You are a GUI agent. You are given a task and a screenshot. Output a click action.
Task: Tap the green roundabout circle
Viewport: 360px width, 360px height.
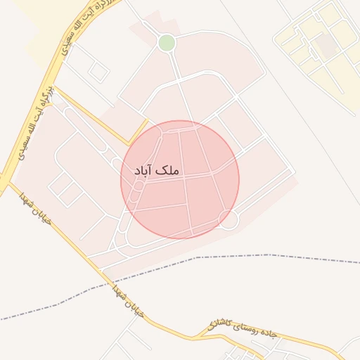pos(167,43)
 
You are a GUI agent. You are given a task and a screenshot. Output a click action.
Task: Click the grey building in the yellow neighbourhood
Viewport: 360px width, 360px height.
pos(326,45)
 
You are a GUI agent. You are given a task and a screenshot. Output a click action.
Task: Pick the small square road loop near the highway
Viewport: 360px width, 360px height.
pos(98,72)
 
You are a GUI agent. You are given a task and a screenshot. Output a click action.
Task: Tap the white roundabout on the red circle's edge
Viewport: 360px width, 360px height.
pos(229,220)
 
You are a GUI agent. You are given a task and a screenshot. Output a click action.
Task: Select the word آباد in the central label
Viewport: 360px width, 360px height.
pos(145,170)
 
